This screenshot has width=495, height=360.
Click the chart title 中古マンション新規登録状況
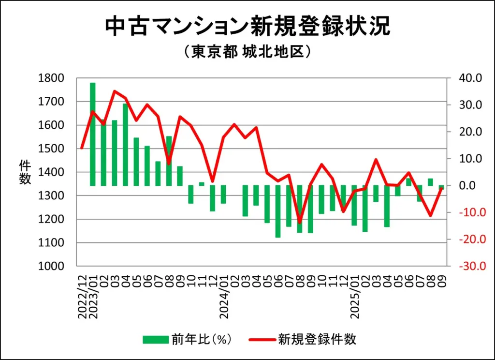coord(247,27)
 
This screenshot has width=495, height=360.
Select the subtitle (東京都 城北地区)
coord(247,51)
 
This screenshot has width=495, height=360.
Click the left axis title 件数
coord(25,172)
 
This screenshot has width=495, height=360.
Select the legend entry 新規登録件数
coord(317,339)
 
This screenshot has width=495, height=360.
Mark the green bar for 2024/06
coord(278,211)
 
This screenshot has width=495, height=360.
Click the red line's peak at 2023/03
coord(115,91)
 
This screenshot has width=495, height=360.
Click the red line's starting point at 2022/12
coord(82,148)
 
